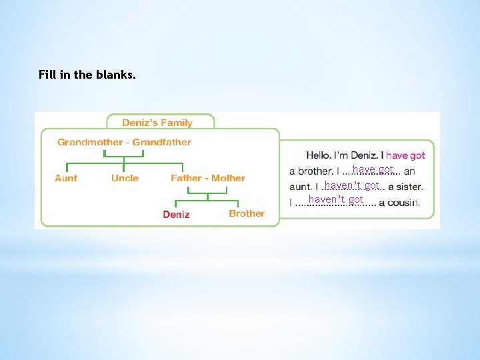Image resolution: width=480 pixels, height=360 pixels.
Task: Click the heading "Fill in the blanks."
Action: click(87, 75)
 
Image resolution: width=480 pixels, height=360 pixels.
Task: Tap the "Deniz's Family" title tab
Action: click(157, 123)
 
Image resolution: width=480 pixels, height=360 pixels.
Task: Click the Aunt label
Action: click(66, 178)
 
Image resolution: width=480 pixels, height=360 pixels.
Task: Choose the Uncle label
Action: click(125, 178)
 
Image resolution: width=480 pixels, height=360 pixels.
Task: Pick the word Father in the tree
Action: click(186, 178)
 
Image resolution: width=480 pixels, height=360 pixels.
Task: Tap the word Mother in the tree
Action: click(228, 178)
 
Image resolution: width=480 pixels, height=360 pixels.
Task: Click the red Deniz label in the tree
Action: click(176, 215)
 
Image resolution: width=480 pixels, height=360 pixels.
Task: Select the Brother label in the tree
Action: click(247, 213)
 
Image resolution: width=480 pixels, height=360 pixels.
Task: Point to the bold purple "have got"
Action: click(405, 155)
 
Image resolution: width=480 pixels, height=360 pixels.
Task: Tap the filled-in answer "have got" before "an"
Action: click(373, 169)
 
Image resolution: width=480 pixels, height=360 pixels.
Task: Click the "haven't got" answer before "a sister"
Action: click(352, 185)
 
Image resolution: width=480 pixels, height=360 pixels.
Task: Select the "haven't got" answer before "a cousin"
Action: click(336, 199)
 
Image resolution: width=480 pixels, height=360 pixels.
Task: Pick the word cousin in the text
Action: click(403, 202)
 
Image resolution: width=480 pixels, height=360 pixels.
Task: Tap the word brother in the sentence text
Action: click(315, 171)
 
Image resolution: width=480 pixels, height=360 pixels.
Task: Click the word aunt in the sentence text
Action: click(301, 187)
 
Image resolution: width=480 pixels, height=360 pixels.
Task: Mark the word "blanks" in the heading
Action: click(115, 75)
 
